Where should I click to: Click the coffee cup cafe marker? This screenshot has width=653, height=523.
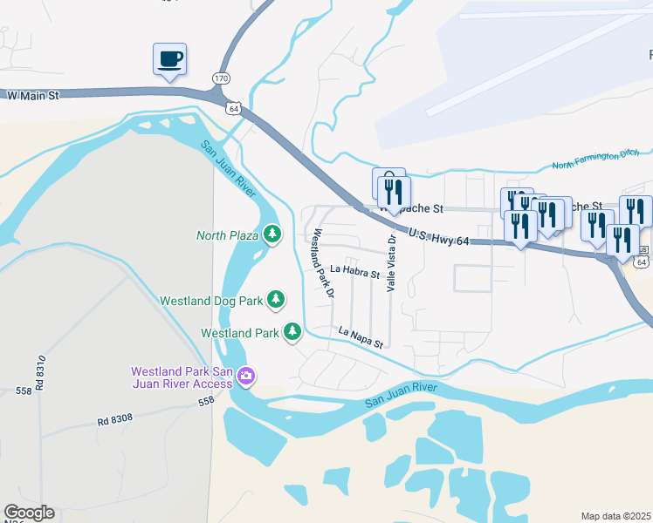tap(169, 60)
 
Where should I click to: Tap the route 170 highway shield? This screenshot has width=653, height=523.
tap(221, 78)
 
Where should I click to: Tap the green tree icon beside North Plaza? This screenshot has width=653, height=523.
tap(273, 234)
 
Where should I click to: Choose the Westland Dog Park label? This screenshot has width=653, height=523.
tap(211, 301)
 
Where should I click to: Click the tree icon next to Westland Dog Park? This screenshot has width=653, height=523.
tap(276, 300)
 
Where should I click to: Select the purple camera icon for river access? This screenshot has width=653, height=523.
tap(246, 376)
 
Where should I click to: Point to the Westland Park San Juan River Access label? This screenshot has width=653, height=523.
tap(182, 377)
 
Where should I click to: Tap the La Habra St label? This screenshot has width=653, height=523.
tap(354, 273)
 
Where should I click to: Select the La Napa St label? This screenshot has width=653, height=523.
tap(361, 337)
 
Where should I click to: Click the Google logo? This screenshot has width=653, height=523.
tap(29, 513)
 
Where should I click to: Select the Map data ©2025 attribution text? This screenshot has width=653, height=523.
tap(615, 516)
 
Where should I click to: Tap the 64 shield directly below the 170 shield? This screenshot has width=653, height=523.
tap(231, 107)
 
